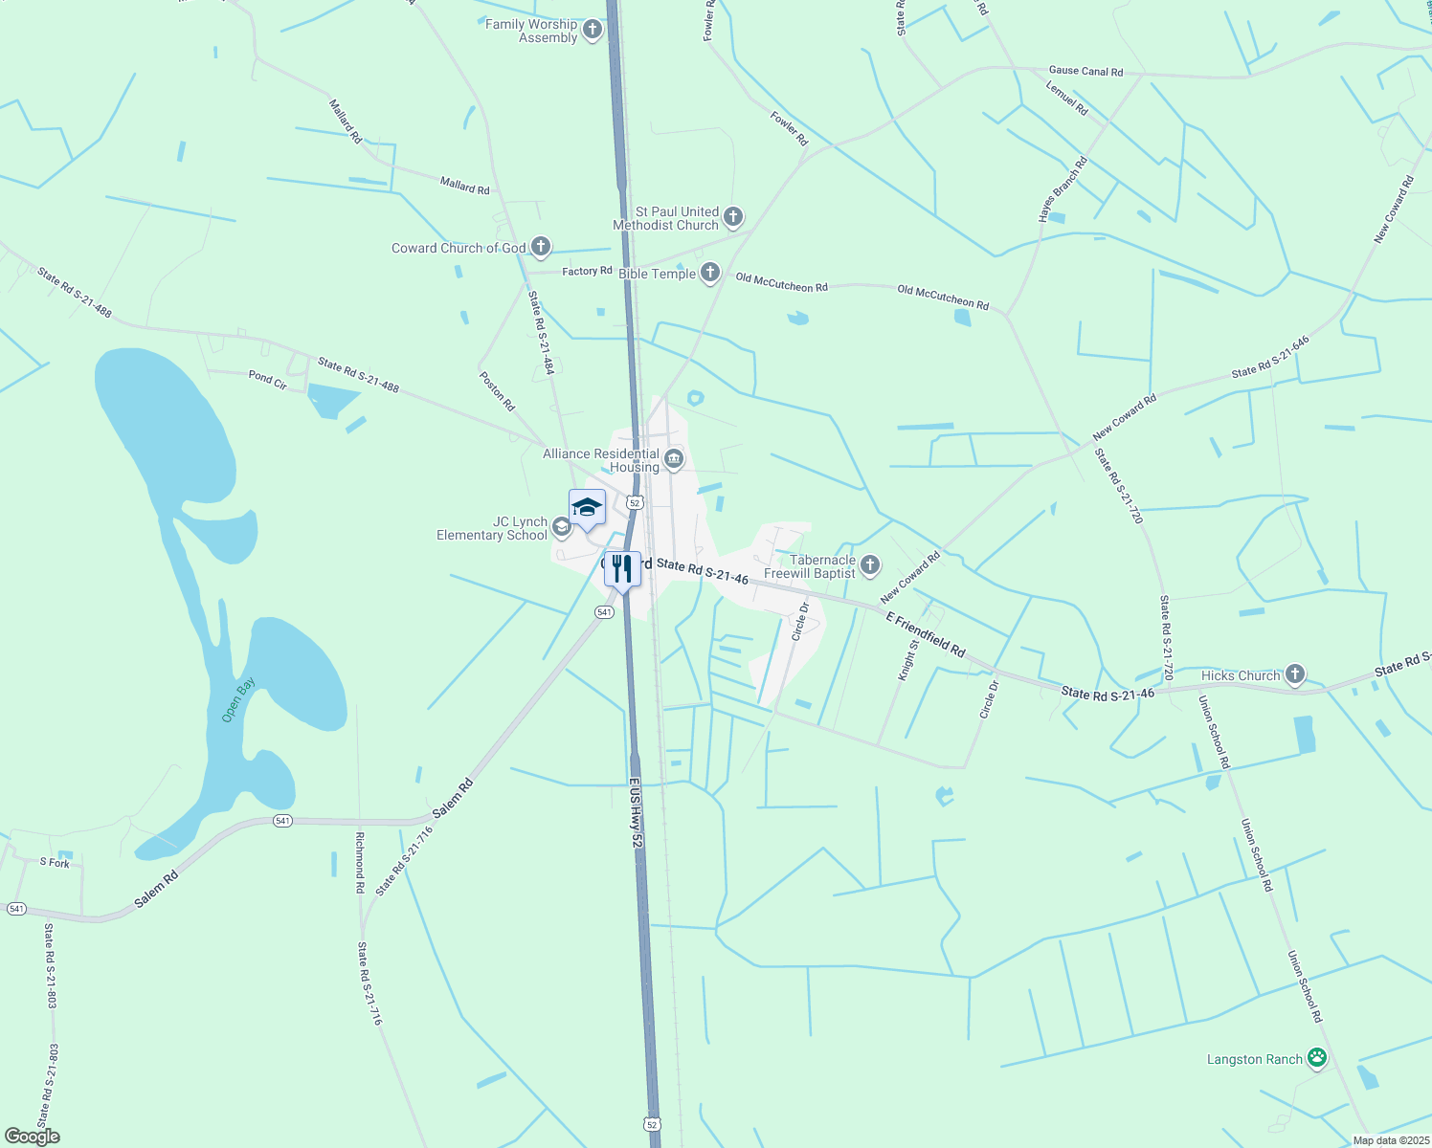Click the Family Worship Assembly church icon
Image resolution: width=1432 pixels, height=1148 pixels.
pos(593,31)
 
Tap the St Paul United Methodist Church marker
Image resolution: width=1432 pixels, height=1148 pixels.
pos(733,217)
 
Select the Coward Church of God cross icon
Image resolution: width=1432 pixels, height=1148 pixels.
pos(540,248)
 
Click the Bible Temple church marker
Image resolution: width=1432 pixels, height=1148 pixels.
pos(709,274)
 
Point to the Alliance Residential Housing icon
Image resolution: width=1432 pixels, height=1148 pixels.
pos(674,460)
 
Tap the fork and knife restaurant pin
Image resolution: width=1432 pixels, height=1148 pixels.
pos(622,569)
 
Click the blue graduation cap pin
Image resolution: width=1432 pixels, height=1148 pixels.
pos(587,508)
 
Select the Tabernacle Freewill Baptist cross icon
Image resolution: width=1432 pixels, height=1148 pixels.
pos(869,565)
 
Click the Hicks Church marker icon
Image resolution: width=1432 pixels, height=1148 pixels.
pos(1294,675)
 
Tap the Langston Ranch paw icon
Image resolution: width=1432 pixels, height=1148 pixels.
pos(1317,1058)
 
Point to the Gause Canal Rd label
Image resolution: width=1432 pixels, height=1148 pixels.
pos(1085,71)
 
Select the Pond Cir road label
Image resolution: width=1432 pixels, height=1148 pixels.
pos(267,380)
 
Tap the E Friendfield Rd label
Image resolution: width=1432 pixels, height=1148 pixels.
pos(925,634)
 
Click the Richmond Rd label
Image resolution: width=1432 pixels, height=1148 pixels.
pos(360,862)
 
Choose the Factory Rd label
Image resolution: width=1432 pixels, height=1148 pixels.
pos(587,272)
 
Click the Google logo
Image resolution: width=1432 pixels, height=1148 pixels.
pos(33,1137)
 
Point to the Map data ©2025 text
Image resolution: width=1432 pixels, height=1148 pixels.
pos(1390,1140)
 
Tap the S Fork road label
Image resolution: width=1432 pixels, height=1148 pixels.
pos(55,863)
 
